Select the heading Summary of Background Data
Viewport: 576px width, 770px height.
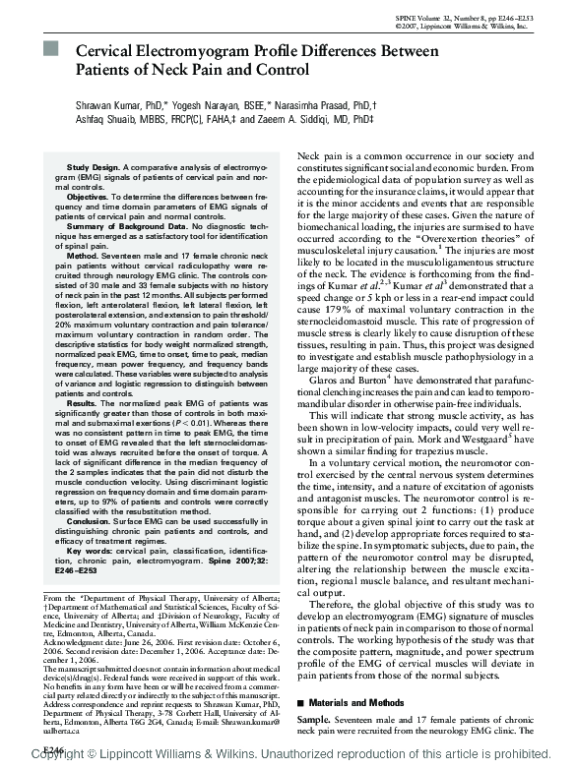pyautogui.click(x=121, y=225)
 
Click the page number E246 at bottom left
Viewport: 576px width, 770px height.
pyautogui.click(x=51, y=749)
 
